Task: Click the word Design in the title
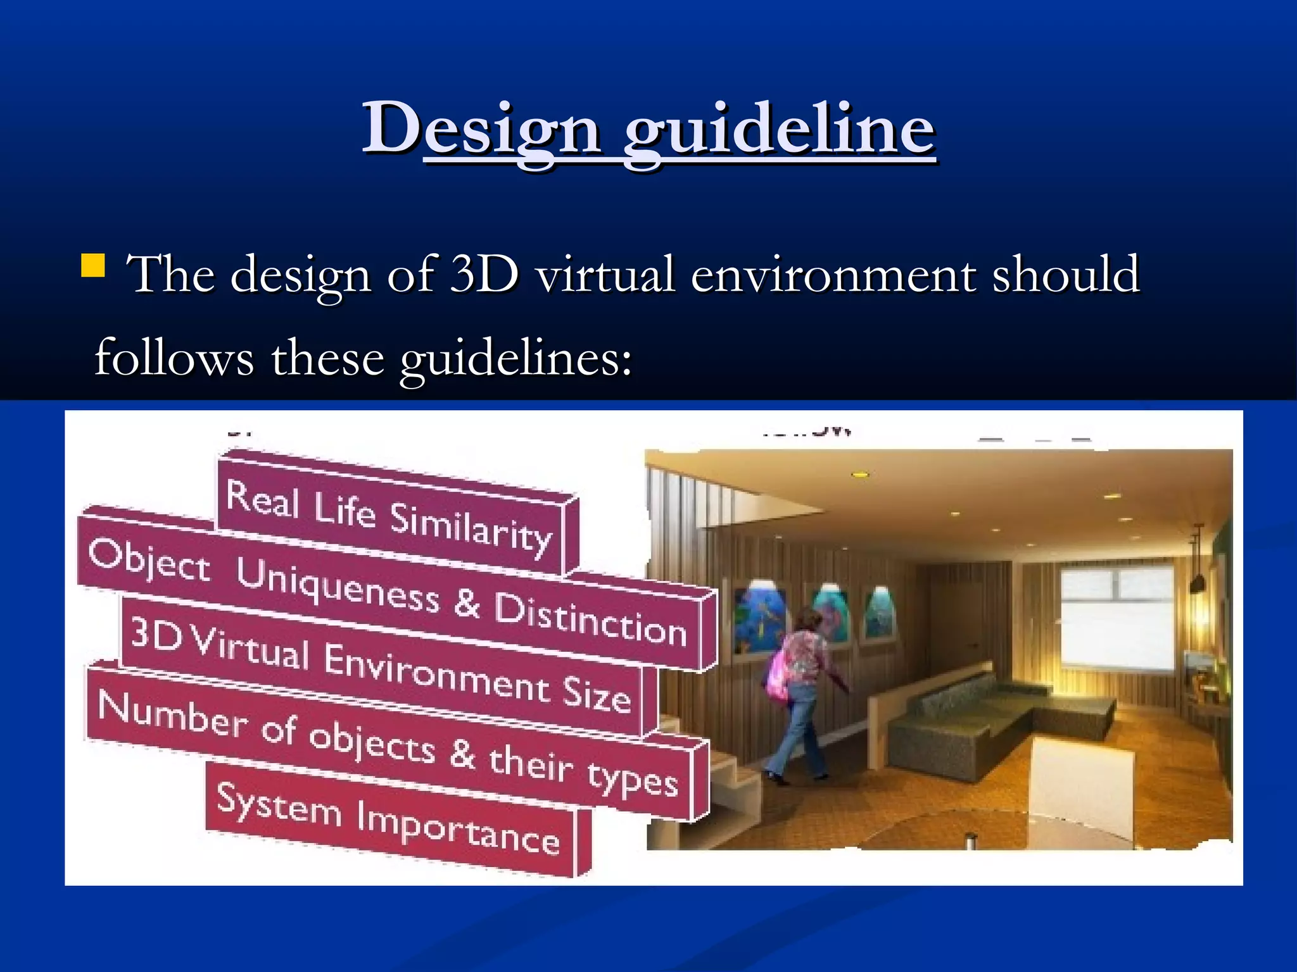pos(481,130)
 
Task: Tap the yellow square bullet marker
pos(93,266)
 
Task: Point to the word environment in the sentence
pos(833,275)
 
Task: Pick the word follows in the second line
pos(174,358)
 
